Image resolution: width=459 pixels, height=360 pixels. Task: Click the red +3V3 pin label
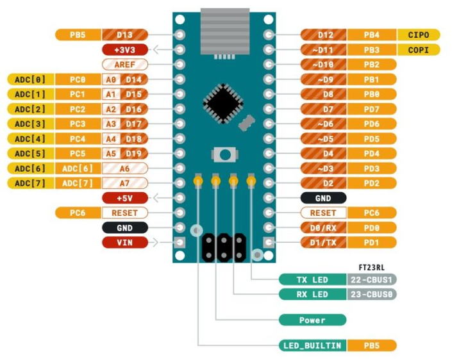pos(125,49)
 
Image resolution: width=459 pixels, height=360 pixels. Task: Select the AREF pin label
pos(125,64)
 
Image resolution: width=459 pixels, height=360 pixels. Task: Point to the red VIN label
pos(125,242)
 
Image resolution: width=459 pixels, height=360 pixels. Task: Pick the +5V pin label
pos(125,198)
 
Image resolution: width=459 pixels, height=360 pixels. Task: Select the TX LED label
pos(312,280)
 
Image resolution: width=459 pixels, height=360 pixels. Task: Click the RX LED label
pos(312,295)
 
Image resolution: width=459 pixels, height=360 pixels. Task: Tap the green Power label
pos(312,320)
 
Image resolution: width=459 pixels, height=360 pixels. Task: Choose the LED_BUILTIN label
pos(312,345)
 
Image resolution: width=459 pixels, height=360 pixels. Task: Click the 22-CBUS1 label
pos(372,280)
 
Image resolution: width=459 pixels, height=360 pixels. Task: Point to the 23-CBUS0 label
pos(372,295)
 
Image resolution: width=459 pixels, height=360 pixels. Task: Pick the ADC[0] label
pos(30,79)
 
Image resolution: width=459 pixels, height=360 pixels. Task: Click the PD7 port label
pos(371,109)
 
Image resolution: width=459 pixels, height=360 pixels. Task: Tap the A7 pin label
pos(125,183)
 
